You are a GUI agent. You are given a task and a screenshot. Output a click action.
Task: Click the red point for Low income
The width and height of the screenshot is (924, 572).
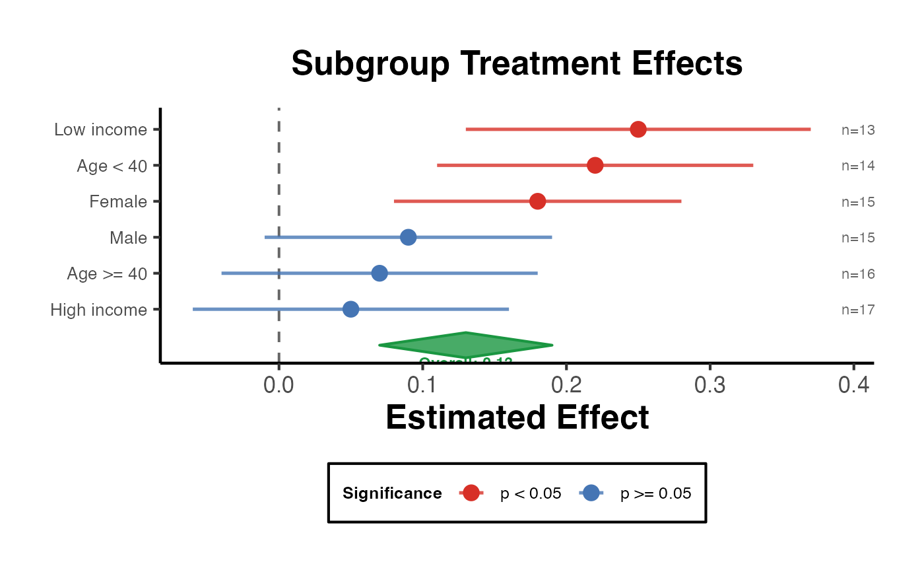(x=638, y=129)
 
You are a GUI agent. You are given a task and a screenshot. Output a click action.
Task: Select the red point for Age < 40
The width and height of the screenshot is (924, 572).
(x=595, y=165)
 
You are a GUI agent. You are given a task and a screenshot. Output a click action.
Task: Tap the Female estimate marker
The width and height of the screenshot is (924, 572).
(x=537, y=201)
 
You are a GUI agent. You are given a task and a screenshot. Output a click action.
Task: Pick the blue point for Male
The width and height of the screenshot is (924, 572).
(x=409, y=237)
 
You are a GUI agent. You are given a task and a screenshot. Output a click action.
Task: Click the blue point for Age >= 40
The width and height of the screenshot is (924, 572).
(x=379, y=273)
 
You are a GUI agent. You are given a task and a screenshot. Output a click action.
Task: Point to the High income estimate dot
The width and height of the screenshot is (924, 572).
(x=350, y=309)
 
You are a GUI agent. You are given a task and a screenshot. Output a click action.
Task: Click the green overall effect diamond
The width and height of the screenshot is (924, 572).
(x=466, y=345)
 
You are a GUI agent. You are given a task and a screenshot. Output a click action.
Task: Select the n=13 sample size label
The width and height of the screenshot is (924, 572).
(x=858, y=130)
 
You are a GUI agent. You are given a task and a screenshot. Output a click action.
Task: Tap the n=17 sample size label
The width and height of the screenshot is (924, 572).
(x=858, y=310)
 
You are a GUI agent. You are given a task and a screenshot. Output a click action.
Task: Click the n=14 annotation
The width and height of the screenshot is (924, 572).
(x=858, y=166)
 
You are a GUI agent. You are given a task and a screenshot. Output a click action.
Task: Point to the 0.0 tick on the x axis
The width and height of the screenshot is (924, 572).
(x=279, y=385)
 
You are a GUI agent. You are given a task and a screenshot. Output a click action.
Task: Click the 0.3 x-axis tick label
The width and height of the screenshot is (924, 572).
(x=709, y=385)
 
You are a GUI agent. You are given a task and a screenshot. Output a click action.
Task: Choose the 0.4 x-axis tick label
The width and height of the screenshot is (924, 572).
(x=853, y=385)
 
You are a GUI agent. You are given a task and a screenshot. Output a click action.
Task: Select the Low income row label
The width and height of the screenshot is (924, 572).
(x=100, y=129)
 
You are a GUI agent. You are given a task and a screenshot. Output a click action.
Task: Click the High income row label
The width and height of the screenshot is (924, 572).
(x=98, y=309)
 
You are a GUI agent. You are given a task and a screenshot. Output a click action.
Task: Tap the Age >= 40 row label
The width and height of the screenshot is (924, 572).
(x=107, y=273)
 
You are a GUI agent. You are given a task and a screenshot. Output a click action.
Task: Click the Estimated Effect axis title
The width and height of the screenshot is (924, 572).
(x=517, y=417)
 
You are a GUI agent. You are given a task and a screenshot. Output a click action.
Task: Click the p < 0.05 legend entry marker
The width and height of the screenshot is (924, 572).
(x=471, y=493)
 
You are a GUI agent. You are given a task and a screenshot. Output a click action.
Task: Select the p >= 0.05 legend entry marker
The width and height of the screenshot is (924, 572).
(x=591, y=493)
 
